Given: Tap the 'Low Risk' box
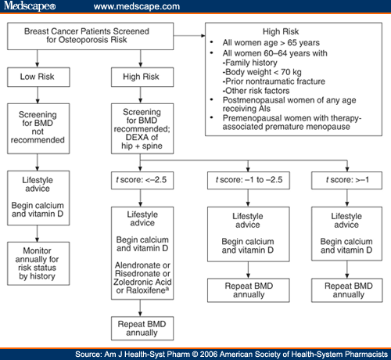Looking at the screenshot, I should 40,77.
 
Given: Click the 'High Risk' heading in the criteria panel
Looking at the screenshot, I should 293,36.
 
